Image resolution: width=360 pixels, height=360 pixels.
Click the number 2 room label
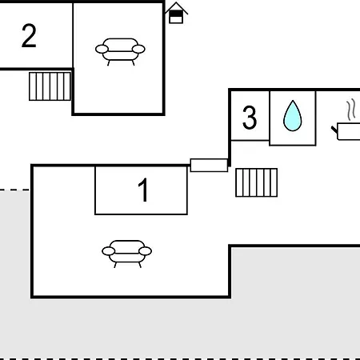[x=29, y=36]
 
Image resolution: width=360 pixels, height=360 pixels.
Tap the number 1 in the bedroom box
[x=143, y=190]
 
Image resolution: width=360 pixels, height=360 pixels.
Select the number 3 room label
[x=250, y=118]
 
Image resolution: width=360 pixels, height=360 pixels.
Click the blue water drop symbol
[x=293, y=116]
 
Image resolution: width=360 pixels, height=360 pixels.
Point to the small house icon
[x=176, y=14]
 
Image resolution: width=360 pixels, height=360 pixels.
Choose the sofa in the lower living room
[x=127, y=254]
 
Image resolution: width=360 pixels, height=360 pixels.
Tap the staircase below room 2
[x=50, y=86]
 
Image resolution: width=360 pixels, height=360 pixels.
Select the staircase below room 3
[x=257, y=182]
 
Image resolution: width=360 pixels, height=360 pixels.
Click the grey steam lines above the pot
[x=351, y=110]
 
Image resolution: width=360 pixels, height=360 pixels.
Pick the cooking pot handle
[x=334, y=130]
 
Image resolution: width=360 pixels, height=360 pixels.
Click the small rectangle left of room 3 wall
[x=209, y=166]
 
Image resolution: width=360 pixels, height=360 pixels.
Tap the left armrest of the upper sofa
[x=102, y=49]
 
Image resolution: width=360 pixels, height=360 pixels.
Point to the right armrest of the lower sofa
[x=146, y=251]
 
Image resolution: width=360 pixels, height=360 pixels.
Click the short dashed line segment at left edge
[x=14, y=190]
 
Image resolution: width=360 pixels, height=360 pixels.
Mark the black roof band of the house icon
[x=176, y=14]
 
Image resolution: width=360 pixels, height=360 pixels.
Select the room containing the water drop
[x=293, y=118]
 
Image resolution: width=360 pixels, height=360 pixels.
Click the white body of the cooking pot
[x=349, y=131]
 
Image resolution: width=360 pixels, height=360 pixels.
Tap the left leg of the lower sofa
[x=115, y=265]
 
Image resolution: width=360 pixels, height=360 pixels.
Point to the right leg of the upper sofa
[x=133, y=63]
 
